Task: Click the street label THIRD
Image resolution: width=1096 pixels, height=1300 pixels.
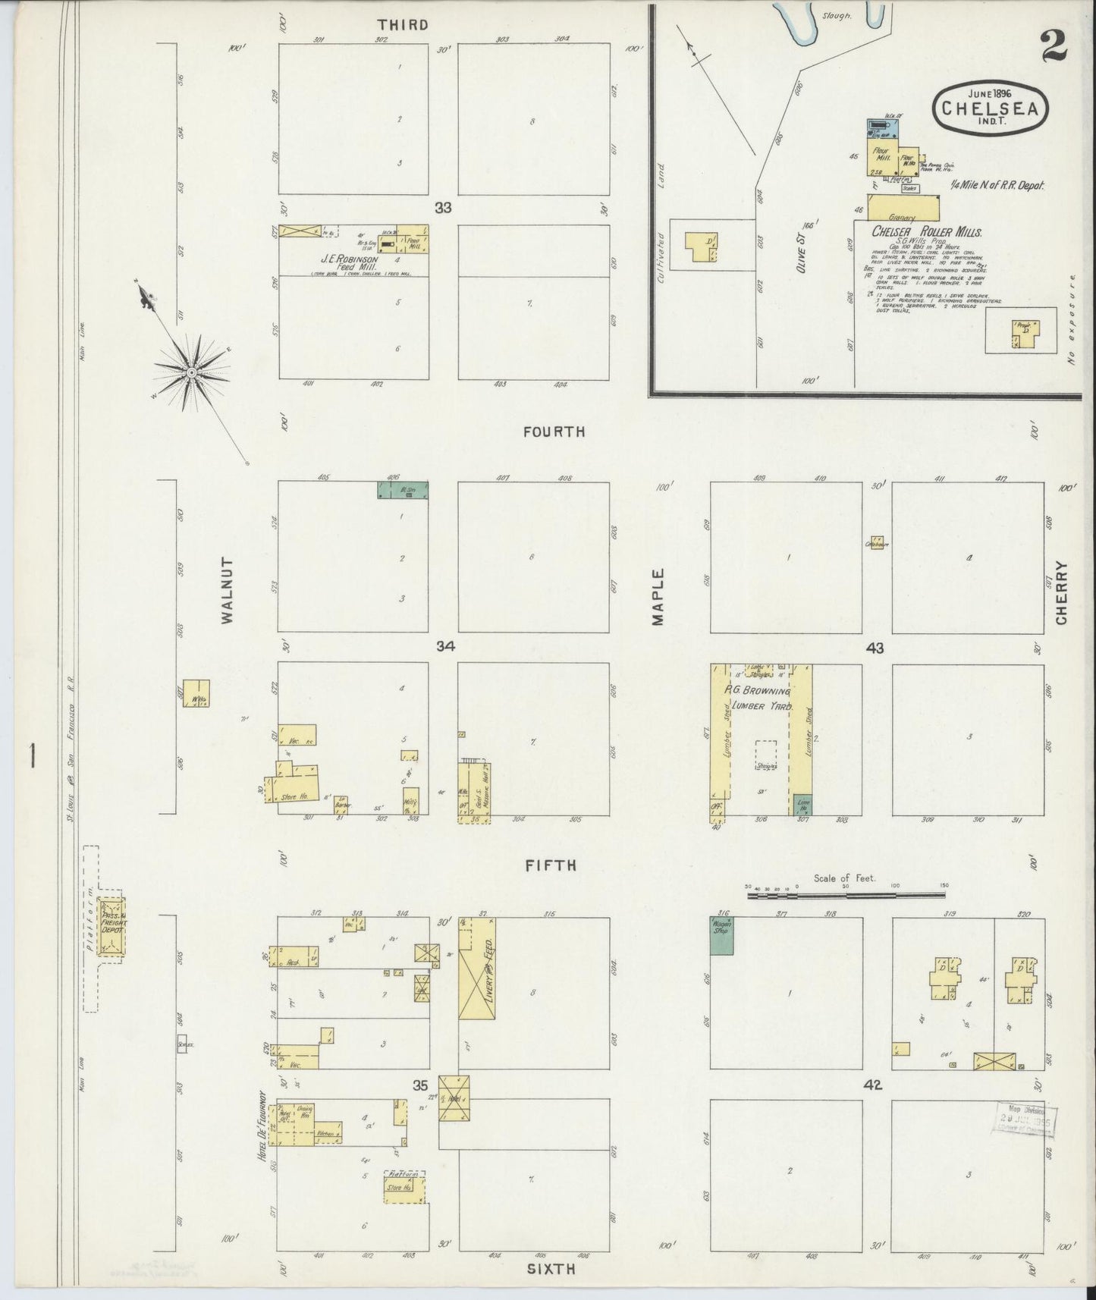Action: click(x=403, y=25)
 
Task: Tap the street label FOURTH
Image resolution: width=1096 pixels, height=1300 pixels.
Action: click(x=554, y=432)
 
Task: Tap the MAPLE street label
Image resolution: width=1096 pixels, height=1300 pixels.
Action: click(x=657, y=597)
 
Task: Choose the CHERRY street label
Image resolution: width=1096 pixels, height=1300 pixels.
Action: click(x=1060, y=593)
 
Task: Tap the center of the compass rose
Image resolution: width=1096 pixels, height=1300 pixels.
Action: click(x=193, y=372)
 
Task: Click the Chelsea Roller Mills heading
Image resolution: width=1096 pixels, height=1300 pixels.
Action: click(x=926, y=232)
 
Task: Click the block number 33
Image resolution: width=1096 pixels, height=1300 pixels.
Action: click(x=443, y=207)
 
